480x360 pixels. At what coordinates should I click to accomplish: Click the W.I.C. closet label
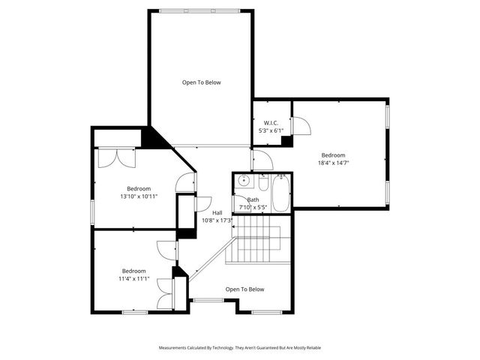[x=271, y=122]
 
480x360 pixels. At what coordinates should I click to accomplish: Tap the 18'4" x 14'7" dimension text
[x=333, y=162]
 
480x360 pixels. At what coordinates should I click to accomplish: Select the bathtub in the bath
[x=280, y=193]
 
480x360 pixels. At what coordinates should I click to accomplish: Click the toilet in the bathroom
[x=263, y=183]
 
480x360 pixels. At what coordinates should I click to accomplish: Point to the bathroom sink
[x=243, y=181]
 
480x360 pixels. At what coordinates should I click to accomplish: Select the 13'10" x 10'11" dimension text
[x=139, y=196]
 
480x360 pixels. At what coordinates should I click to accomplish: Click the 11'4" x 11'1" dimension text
[x=134, y=278]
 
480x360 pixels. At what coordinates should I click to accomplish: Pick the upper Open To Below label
[x=202, y=82]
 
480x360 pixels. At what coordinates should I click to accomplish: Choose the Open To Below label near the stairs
[x=244, y=289]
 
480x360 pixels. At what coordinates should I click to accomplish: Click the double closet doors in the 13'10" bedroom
[x=118, y=157]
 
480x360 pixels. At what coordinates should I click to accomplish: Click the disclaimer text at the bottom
[x=239, y=347]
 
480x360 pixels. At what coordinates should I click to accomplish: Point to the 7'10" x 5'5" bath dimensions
[x=253, y=207]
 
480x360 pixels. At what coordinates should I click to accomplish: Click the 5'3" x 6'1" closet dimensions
[x=271, y=130]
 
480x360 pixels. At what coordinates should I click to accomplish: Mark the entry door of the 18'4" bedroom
[x=262, y=159]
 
